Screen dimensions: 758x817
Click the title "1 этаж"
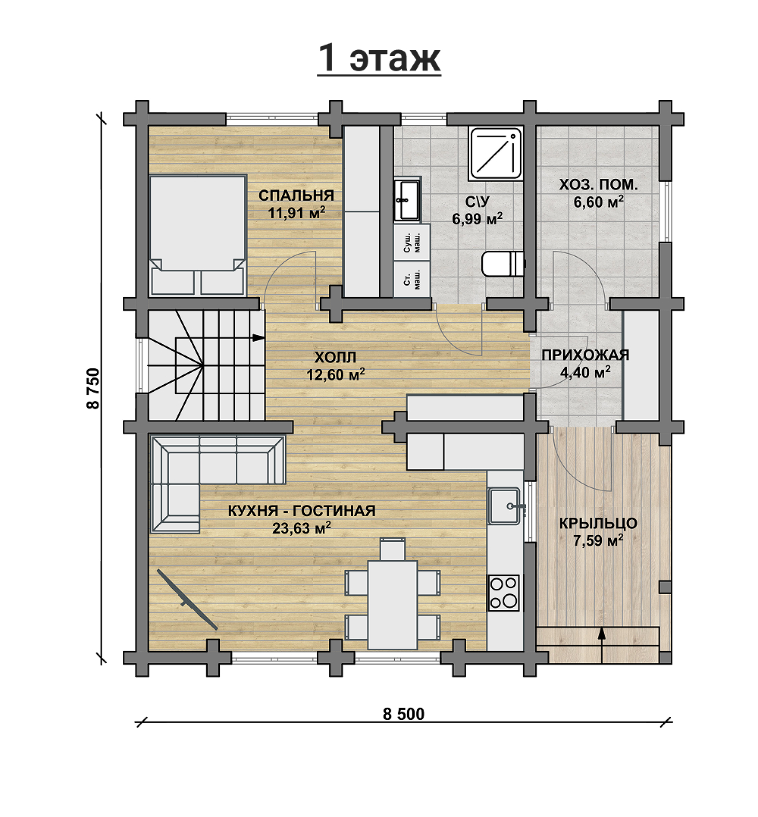379,58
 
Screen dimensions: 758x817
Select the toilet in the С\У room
504,264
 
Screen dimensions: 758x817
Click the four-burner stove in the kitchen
504,593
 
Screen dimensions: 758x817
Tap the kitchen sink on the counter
504,506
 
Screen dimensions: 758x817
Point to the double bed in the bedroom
198,236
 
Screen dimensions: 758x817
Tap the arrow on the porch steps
602,645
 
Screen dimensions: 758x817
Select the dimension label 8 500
403,714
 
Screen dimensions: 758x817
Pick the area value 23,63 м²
301,528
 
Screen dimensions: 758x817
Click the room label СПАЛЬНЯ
296,196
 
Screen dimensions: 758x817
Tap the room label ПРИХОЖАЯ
585,355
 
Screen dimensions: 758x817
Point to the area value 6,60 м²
598,202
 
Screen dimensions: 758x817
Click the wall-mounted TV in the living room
187,599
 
